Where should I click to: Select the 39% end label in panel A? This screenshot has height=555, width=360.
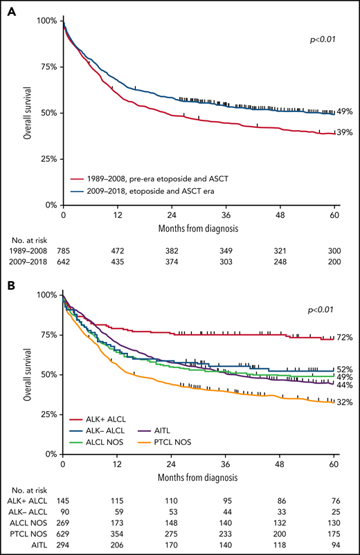[345, 133]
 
